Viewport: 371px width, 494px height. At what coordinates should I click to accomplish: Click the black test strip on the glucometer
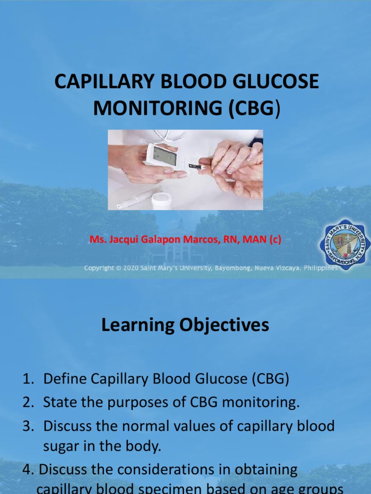pyautogui.click(x=196, y=166)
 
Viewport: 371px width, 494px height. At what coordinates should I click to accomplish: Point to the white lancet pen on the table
pyautogui.click(x=136, y=198)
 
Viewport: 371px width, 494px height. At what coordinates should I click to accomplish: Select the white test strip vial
pyautogui.click(x=161, y=200)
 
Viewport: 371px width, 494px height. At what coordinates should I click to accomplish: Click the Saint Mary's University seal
pyautogui.click(x=344, y=244)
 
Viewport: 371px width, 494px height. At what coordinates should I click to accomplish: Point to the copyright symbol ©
pyautogui.click(x=118, y=268)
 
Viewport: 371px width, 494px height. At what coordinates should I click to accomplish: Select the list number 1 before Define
pyautogui.click(x=27, y=379)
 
